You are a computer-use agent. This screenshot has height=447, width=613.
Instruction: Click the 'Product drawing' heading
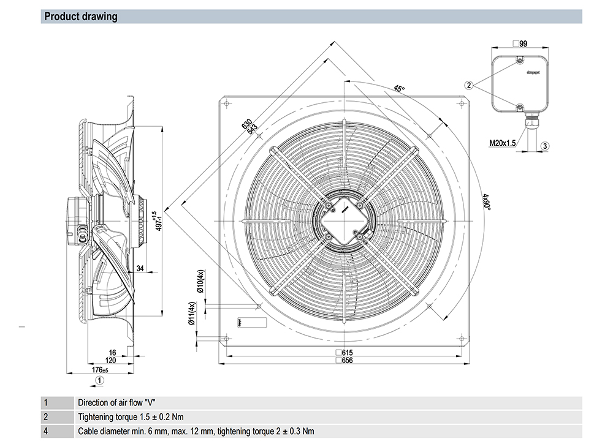coord(80,17)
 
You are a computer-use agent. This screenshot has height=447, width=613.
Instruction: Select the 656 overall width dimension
coord(347,360)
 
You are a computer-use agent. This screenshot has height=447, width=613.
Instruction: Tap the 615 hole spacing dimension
coord(347,352)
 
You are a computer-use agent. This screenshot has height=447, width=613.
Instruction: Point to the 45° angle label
coord(399,89)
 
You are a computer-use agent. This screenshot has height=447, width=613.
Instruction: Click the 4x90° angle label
coord(485,203)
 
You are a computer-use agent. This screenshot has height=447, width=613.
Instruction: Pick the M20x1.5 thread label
coord(502,143)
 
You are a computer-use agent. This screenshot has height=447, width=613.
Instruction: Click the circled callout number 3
coord(545,145)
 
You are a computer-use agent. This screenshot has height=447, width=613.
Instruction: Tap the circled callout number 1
coord(99,380)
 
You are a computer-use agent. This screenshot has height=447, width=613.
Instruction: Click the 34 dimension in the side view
coord(140,268)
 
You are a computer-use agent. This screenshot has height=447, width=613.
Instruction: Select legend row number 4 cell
coord(46,431)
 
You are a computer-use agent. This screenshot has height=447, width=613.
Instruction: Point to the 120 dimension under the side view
coord(111,361)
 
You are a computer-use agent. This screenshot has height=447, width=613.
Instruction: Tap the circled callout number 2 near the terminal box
coord(469,85)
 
